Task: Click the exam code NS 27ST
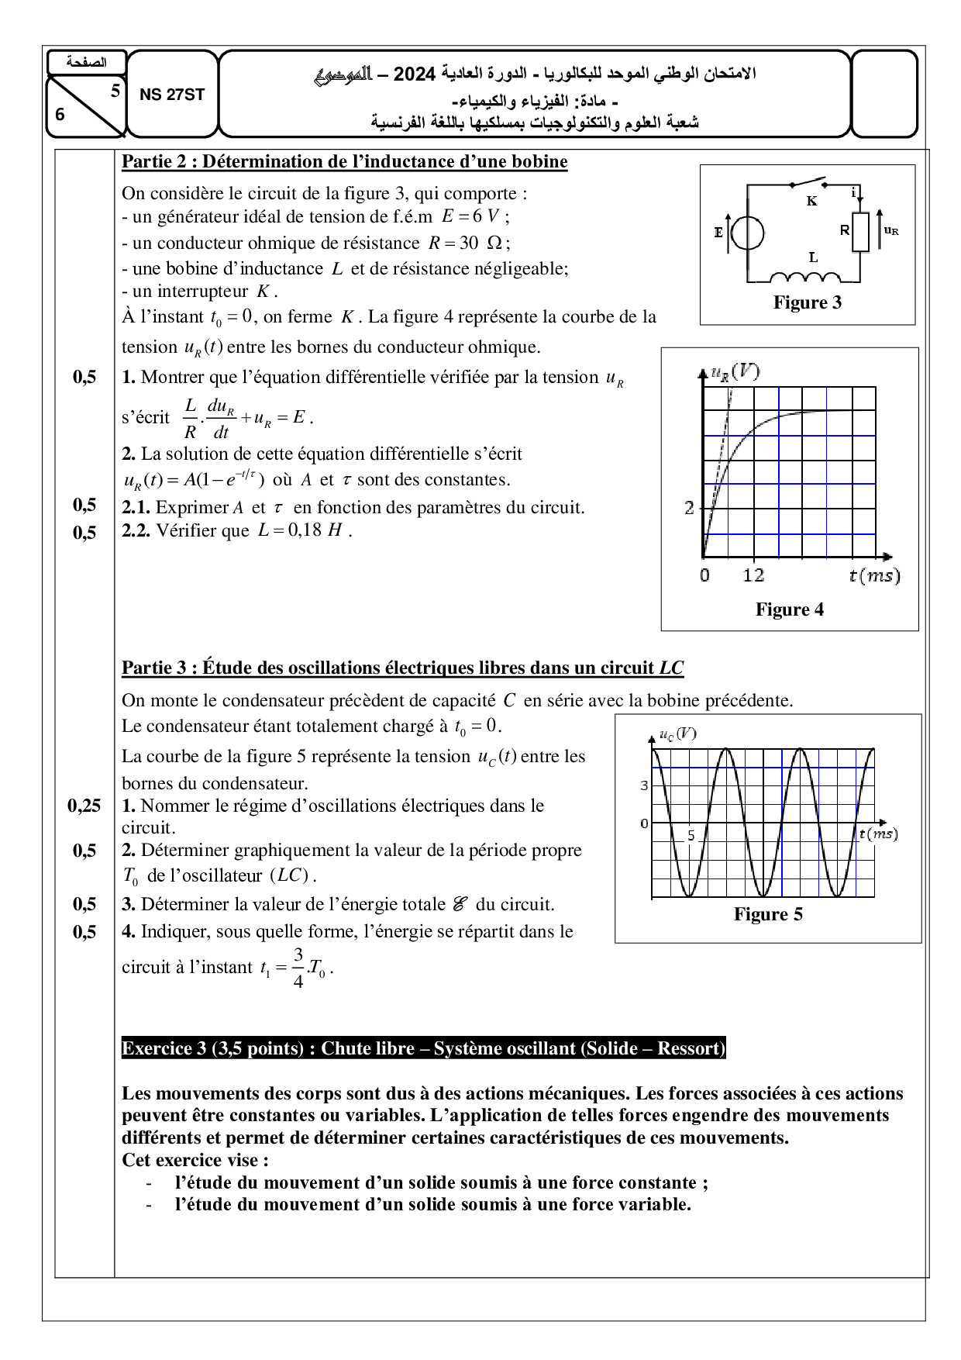tap(172, 95)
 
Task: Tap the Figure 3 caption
tap(807, 302)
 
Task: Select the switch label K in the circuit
tap(811, 201)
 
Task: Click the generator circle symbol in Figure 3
tap(748, 233)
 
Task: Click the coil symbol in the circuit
tap(805, 278)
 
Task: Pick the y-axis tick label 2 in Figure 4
tap(689, 508)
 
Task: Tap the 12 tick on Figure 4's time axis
tap(753, 575)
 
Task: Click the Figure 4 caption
tap(789, 609)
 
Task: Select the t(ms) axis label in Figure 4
tap(874, 575)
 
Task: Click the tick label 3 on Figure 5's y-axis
tap(644, 785)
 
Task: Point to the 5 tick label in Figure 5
tap(691, 835)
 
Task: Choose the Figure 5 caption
tap(768, 914)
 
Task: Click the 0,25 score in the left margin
tap(84, 806)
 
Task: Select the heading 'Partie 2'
tap(344, 161)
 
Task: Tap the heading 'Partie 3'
tap(402, 668)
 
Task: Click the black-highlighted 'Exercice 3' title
tap(423, 1048)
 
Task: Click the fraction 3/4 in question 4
tap(298, 968)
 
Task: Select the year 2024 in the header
tap(415, 74)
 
